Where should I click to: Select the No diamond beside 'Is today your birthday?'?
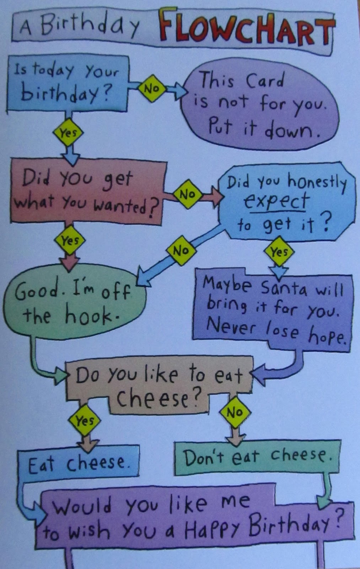152,88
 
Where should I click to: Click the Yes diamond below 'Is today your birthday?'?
68,133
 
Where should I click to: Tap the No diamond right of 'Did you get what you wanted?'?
187,194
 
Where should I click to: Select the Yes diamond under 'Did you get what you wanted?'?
70,240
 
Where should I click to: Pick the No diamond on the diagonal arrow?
181,250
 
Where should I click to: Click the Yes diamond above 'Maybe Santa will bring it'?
279,252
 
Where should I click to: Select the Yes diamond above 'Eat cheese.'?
85,421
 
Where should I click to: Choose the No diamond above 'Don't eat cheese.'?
235,413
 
